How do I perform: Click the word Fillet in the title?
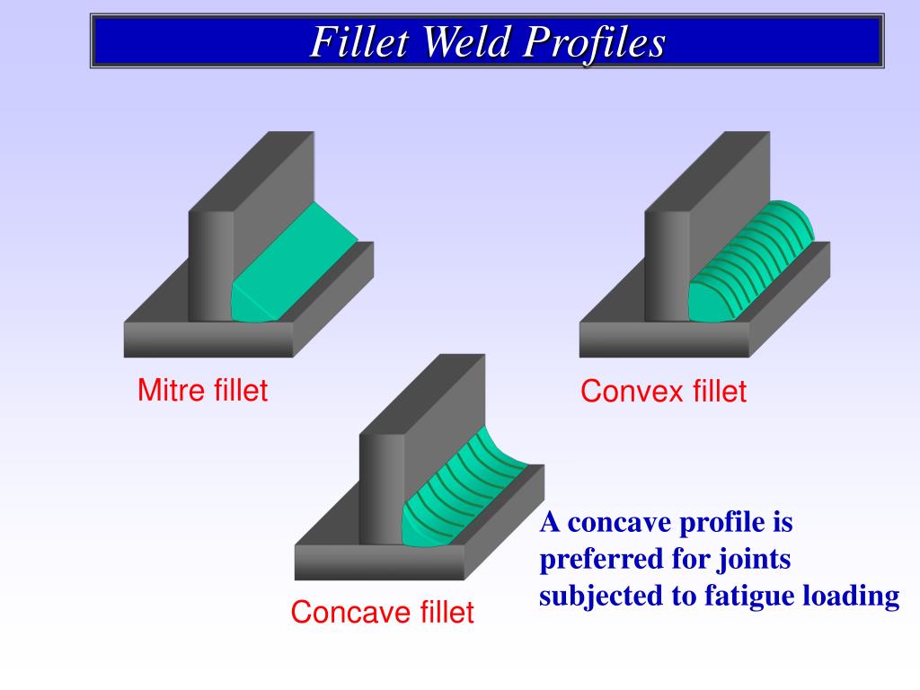coord(360,42)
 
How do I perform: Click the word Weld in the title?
coord(466,42)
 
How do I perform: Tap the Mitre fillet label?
coord(202,391)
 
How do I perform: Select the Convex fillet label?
coord(663,392)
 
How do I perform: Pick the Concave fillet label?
coord(382,613)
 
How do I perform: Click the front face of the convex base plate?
coord(664,340)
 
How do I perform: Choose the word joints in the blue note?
coord(754,559)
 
